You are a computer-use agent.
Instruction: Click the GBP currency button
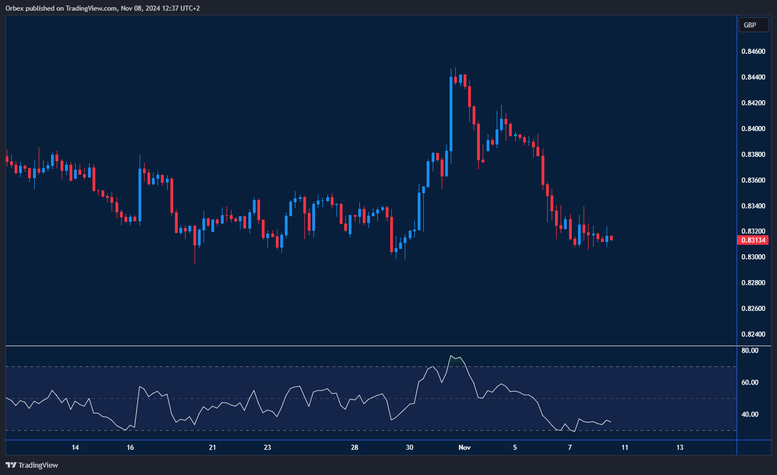(x=750, y=25)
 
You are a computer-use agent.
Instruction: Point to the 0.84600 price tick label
(x=752, y=52)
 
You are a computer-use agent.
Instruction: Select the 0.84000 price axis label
(x=752, y=129)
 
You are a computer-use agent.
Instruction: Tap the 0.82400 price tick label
(x=752, y=334)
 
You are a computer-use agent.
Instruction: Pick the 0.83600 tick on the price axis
(x=752, y=180)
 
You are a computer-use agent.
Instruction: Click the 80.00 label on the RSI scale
(x=750, y=351)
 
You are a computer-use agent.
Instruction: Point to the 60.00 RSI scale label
(x=750, y=383)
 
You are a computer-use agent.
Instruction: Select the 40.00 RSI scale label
(x=750, y=415)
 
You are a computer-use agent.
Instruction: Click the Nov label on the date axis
(x=464, y=448)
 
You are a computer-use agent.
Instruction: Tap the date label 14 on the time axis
(x=75, y=448)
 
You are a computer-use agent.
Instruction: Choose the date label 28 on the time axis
(x=354, y=448)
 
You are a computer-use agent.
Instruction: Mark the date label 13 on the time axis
(x=679, y=448)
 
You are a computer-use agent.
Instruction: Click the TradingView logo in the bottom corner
(x=32, y=465)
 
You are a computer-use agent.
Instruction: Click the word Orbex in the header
(x=12, y=8)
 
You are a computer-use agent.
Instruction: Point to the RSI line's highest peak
(x=451, y=355)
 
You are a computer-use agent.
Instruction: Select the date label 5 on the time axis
(x=515, y=448)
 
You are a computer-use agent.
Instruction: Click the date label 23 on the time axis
(x=267, y=448)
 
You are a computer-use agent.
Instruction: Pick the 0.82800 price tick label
(x=752, y=283)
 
